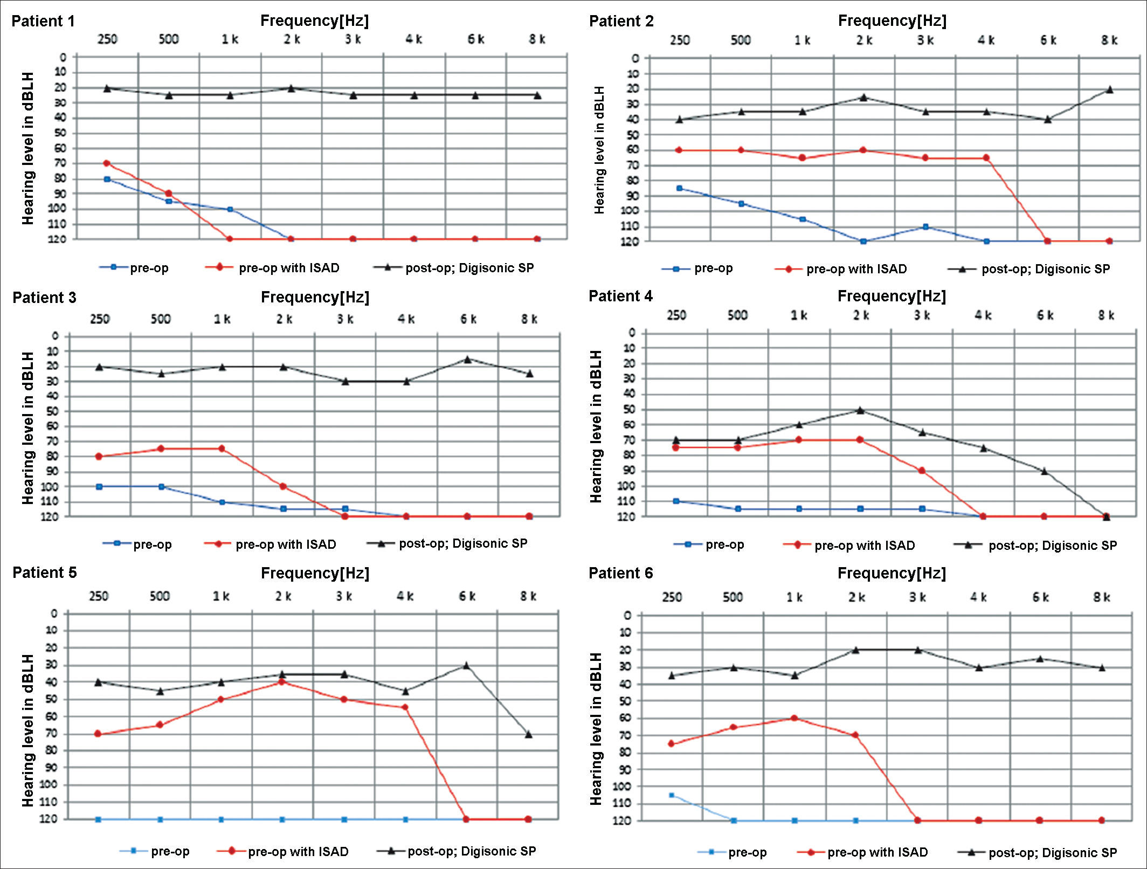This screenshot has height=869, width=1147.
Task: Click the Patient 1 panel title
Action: (43, 22)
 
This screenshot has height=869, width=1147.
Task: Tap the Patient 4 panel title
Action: (620, 296)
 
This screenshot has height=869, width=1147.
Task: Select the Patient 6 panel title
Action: (620, 573)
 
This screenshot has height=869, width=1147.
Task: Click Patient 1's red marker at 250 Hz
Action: (107, 163)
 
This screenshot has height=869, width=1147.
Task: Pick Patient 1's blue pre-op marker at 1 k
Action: (230, 209)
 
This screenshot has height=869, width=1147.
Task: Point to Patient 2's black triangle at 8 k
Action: (1109, 89)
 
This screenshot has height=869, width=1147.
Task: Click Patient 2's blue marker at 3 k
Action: (925, 227)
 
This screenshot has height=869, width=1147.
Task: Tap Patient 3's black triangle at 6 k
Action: (467, 359)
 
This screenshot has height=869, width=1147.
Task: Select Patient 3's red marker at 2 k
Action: (283, 486)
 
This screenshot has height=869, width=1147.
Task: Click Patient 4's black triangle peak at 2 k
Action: (860, 410)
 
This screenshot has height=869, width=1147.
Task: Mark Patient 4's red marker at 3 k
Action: (922, 471)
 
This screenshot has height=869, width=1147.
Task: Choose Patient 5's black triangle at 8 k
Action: (528, 734)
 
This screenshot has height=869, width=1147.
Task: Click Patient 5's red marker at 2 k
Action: (281, 682)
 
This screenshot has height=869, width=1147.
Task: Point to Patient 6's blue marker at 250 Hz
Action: (672, 795)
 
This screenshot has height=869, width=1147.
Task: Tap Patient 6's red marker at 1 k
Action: (794, 718)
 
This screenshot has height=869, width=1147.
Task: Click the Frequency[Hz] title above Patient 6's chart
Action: (892, 573)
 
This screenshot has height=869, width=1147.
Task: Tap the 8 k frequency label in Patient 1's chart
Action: (537, 39)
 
